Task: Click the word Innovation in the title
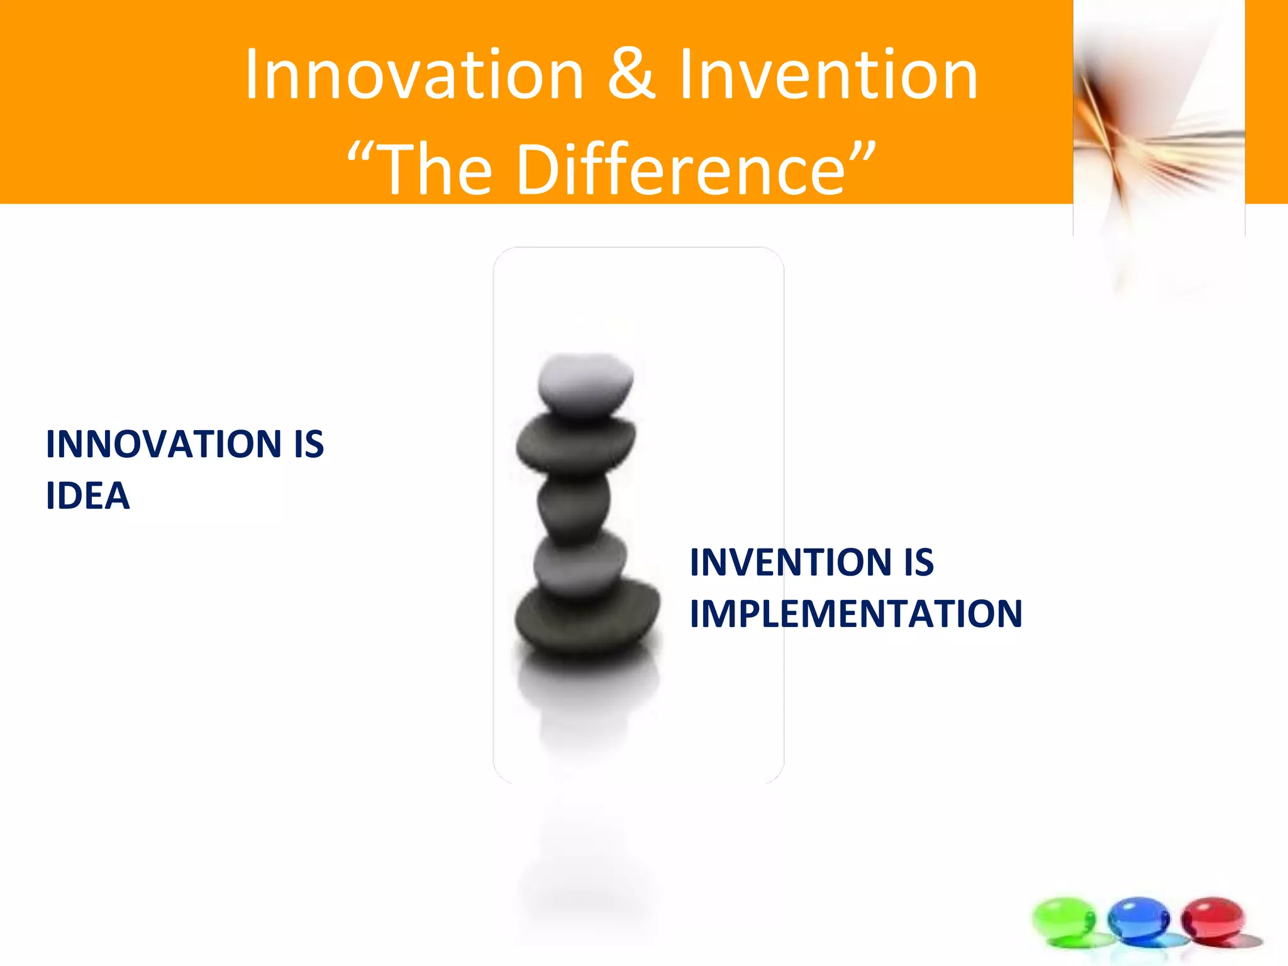[414, 75]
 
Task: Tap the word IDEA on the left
[88, 496]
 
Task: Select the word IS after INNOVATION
[309, 444]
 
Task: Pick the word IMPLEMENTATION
[856, 614]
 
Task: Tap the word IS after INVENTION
[919, 562]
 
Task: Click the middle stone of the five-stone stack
[574, 504]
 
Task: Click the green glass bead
[1063, 919]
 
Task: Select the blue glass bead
[1138, 919]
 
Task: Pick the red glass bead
[1213, 919]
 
